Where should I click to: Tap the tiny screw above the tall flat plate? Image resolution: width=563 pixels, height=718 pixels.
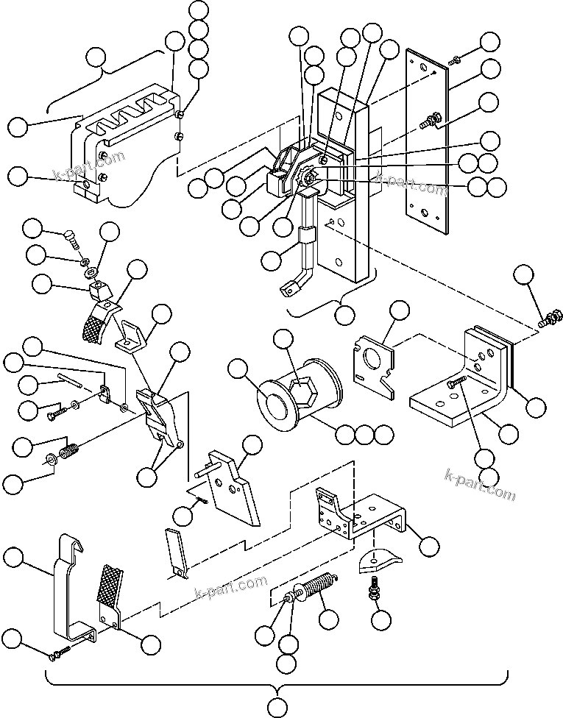(456, 58)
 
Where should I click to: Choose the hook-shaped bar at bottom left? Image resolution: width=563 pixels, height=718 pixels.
(70, 589)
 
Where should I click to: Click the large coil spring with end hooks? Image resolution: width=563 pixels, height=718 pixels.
(321, 589)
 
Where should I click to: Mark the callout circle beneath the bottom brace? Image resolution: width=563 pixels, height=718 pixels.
(277, 707)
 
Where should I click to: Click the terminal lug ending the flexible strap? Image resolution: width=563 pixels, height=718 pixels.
(288, 290)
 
